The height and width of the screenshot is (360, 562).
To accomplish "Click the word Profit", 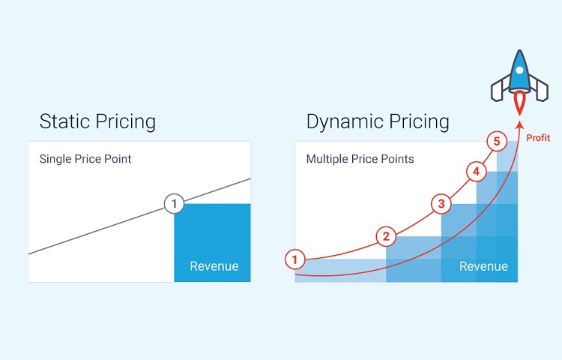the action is [x=538, y=138].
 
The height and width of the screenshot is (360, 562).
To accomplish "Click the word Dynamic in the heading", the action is [x=345, y=122].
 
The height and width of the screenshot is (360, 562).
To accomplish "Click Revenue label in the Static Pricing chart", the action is [x=214, y=266].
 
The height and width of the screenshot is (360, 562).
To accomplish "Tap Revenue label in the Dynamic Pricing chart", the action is [x=483, y=266].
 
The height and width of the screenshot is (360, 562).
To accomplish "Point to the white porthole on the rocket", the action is [x=519, y=70].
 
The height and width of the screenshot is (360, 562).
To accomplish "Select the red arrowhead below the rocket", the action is [x=519, y=124].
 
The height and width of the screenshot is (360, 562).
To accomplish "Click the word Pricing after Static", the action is [x=125, y=122].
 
